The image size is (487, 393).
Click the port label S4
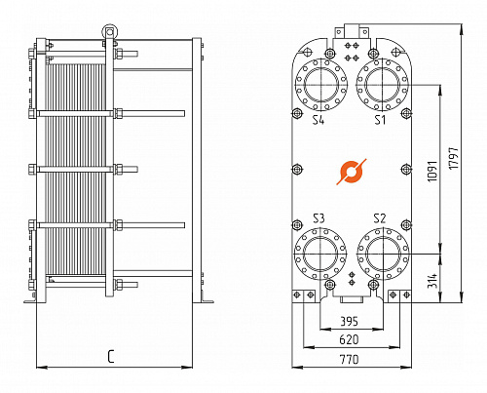[318, 120]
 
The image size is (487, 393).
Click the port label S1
[380, 120]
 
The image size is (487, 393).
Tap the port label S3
[318, 218]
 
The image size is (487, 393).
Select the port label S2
[380, 218]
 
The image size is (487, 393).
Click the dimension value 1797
[454, 158]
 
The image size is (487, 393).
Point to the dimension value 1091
[432, 172]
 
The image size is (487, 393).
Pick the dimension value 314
[432, 280]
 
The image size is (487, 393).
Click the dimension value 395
[349, 321]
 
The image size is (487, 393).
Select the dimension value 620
[349, 339]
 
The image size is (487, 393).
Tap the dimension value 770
[349, 360]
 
